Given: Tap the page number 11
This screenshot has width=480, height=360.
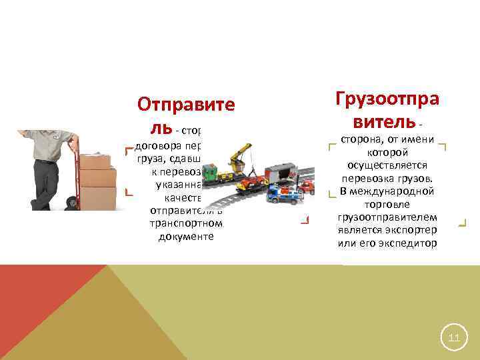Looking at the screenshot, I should (x=454, y=338).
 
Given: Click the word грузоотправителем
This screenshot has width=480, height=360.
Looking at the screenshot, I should (x=387, y=217).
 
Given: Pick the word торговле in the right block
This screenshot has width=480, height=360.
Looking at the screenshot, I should (x=387, y=205).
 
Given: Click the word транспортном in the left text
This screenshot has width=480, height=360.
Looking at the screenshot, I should (x=186, y=224).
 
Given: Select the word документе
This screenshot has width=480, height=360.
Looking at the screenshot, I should (x=186, y=237).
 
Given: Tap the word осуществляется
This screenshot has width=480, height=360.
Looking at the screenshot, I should (x=387, y=165).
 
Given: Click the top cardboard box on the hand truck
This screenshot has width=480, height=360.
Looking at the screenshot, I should (x=95, y=162).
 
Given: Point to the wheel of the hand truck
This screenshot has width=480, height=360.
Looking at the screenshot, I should (x=71, y=203).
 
